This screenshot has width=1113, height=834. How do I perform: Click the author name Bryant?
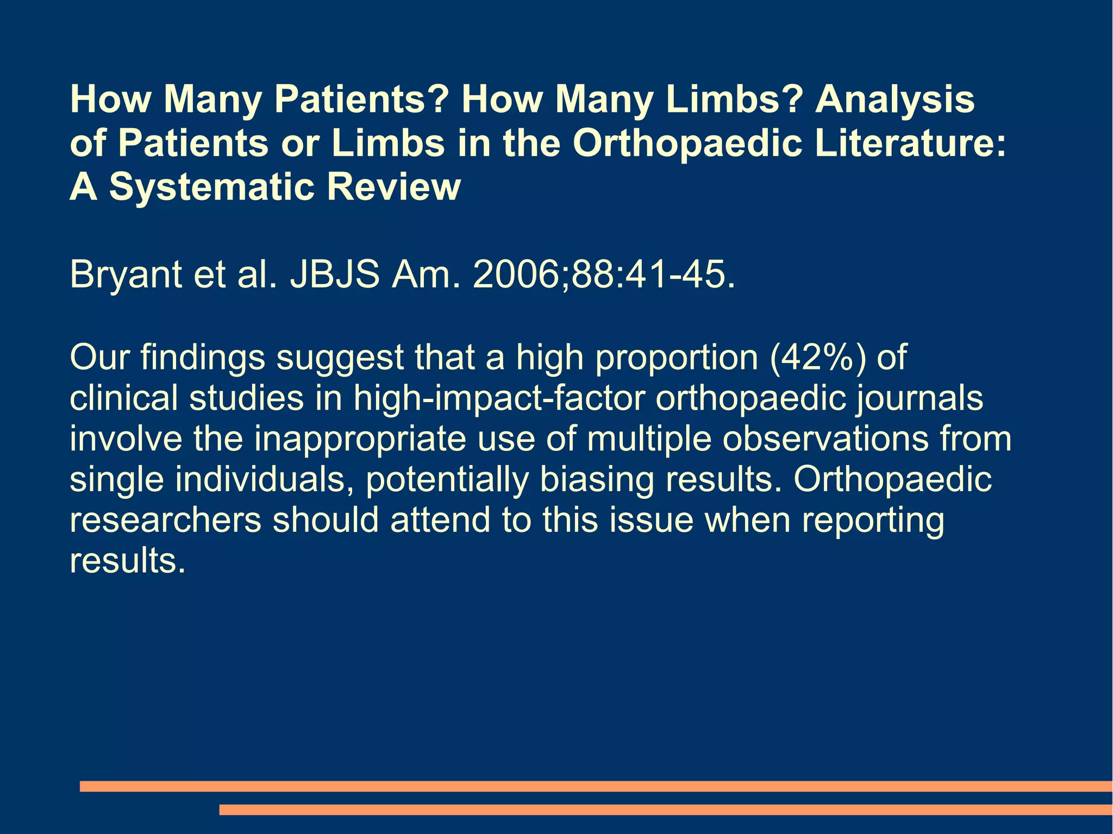[126, 275]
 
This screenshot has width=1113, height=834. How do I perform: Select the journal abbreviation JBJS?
[334, 275]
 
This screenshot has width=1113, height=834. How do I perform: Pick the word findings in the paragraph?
[203, 358]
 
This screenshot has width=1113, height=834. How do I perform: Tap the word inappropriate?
[360, 439]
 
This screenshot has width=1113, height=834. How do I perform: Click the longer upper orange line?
[596, 786]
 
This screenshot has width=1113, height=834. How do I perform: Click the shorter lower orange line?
[665, 810]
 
